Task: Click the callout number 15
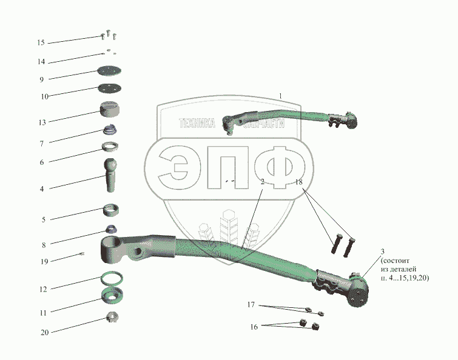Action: click(x=41, y=42)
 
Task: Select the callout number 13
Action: click(x=41, y=122)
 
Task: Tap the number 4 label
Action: click(x=42, y=189)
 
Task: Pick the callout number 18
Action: click(x=298, y=182)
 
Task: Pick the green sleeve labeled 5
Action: click(x=110, y=210)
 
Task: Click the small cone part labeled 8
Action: click(x=111, y=228)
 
